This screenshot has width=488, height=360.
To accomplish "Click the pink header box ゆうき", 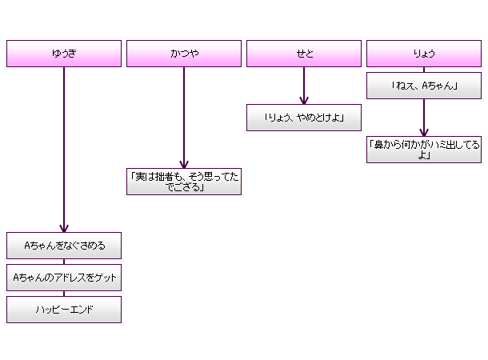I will (64, 54).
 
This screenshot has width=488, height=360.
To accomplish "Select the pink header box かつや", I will (184, 54).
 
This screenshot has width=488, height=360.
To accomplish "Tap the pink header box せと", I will (304, 54).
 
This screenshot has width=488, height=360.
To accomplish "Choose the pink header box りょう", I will (424, 54).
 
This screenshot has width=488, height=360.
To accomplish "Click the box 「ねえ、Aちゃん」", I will (424, 86).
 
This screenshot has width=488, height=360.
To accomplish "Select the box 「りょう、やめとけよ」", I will (304, 118).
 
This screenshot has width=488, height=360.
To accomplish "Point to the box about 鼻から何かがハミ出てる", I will (424, 150).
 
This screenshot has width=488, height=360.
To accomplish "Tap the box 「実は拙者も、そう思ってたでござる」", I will (184, 182).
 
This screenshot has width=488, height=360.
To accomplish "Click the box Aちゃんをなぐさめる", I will (64, 246).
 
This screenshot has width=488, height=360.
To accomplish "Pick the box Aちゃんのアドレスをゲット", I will (64, 278).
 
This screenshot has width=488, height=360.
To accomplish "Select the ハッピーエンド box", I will (64, 310).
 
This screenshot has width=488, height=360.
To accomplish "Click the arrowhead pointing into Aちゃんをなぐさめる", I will (64, 228).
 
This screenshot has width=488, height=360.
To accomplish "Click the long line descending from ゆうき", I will (64, 144).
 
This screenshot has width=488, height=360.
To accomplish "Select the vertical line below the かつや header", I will (184, 112).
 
